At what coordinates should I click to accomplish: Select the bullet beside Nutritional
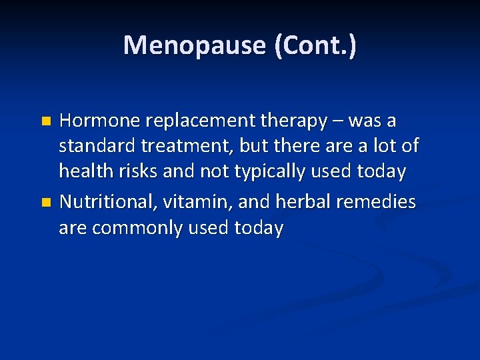[46, 202]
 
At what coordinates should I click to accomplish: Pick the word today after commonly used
[259, 227]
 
